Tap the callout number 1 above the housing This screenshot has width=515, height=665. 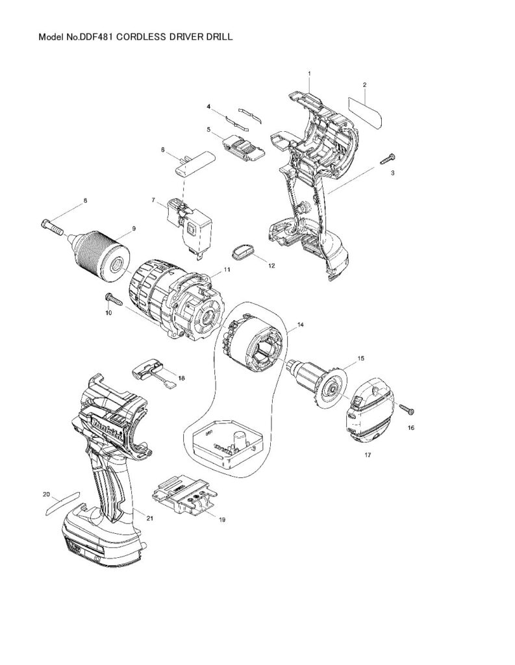click(x=310, y=74)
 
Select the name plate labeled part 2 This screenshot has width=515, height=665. click(x=365, y=112)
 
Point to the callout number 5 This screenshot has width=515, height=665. click(x=208, y=129)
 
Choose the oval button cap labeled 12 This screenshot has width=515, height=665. click(x=244, y=251)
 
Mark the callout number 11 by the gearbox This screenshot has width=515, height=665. click(x=227, y=268)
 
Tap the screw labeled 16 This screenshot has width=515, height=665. click(x=407, y=409)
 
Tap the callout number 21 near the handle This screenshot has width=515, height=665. click(x=150, y=518)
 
